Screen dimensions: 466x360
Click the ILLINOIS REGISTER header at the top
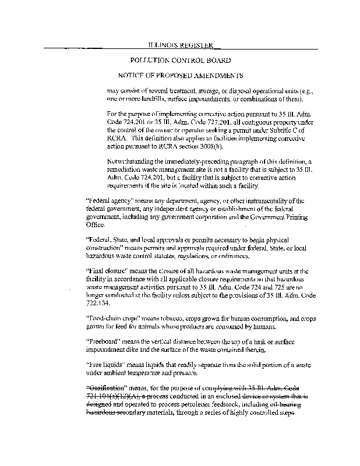point(180,45)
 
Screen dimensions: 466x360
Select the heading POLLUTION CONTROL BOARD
point(181,60)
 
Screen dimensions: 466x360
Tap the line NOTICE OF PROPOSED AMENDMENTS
point(181,76)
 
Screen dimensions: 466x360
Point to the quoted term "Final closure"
point(105,271)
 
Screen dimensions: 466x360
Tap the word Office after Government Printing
point(95,224)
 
